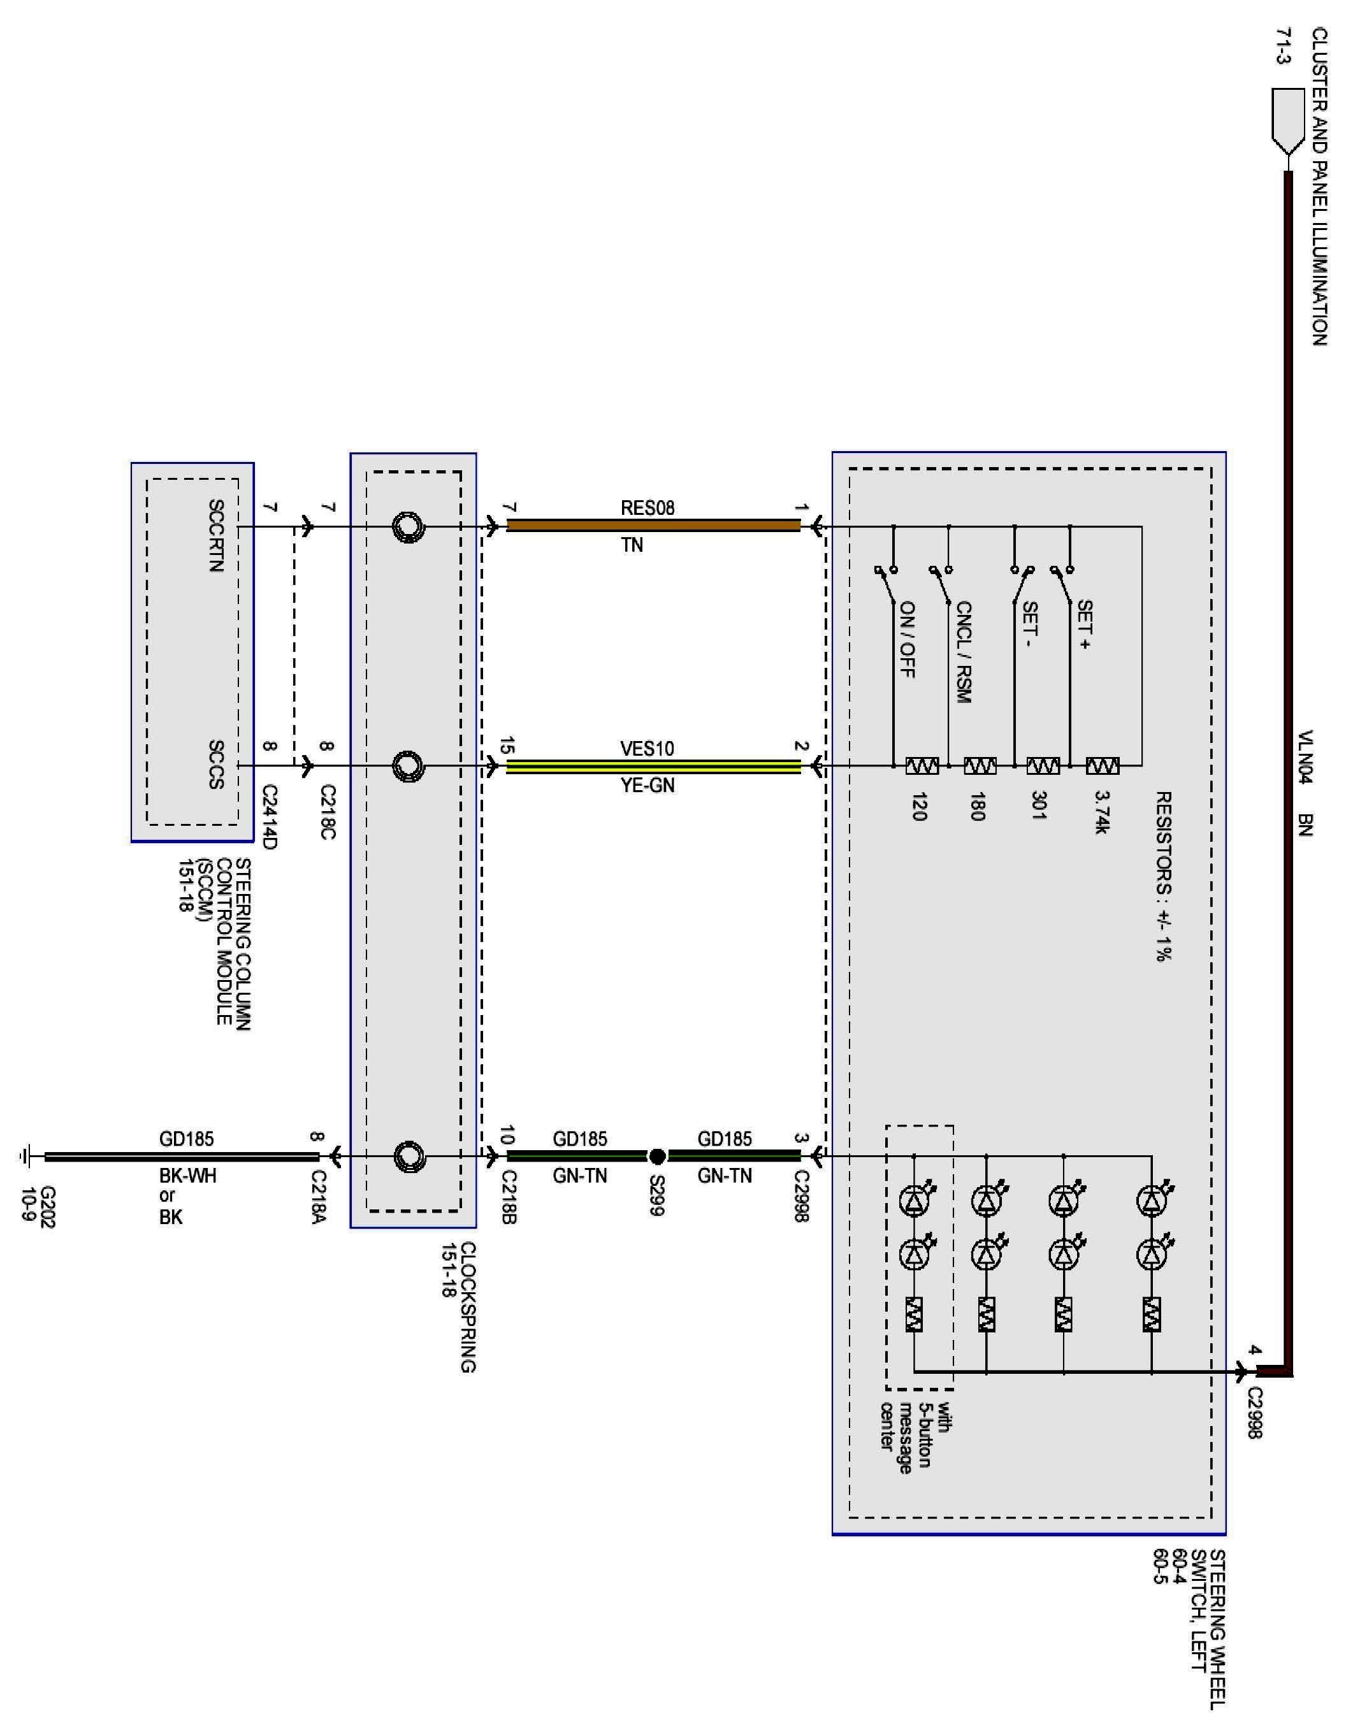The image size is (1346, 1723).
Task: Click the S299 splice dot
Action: pyautogui.click(x=657, y=1157)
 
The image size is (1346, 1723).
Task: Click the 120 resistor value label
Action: pyautogui.click(x=918, y=806)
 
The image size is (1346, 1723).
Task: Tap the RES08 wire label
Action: pyautogui.click(x=647, y=508)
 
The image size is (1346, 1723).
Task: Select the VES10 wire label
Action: pyautogui.click(x=647, y=748)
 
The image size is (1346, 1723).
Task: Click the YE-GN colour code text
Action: pyautogui.click(x=647, y=786)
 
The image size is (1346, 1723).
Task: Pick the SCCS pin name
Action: pyautogui.click(x=215, y=763)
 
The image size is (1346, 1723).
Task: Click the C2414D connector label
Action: pyautogui.click(x=269, y=816)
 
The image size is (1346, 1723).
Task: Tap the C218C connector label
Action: pyautogui.click(x=328, y=812)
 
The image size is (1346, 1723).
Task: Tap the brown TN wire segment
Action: pyautogui.click(x=653, y=526)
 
